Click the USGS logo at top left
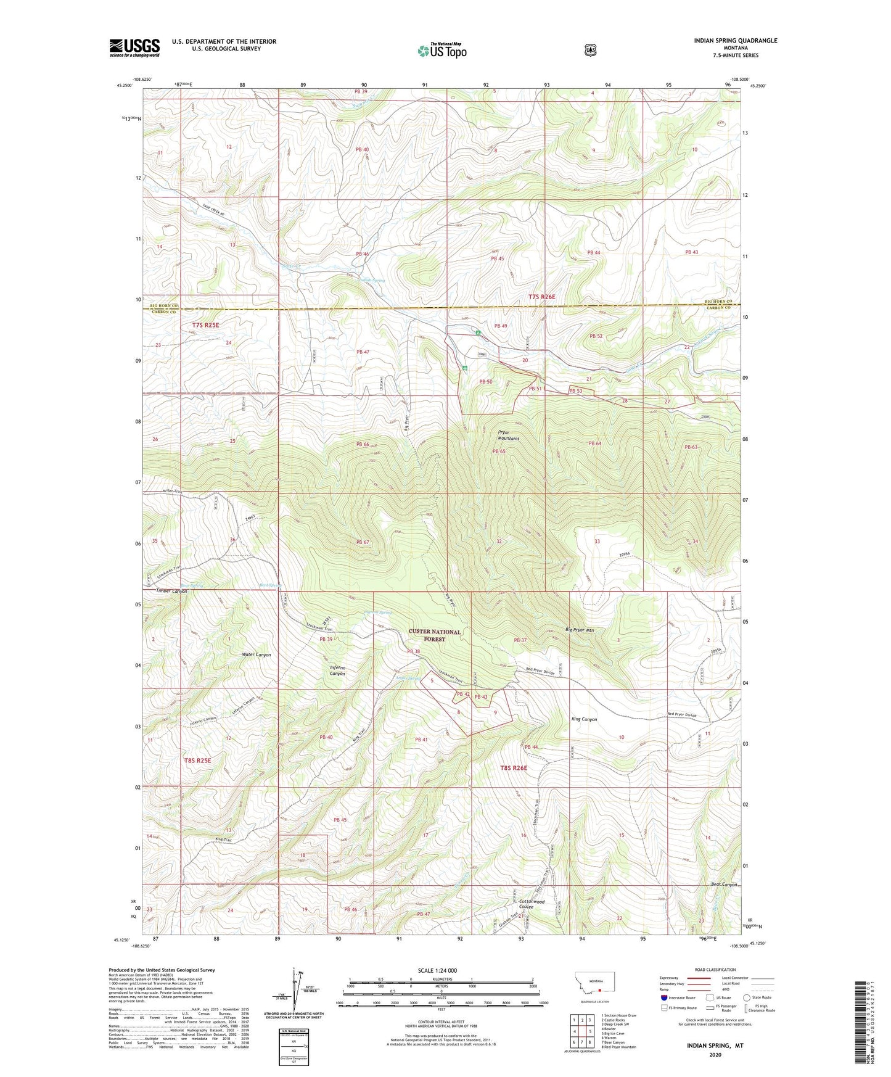pyautogui.click(x=134, y=47)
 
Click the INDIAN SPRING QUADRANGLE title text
pyautogui.click(x=735, y=41)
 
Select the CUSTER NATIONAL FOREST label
pyautogui.click(x=434, y=635)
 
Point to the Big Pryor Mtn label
pyautogui.click(x=580, y=630)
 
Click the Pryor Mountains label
pyautogui.click(x=509, y=435)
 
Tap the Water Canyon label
pyautogui.click(x=256, y=654)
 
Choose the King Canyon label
pyautogui.click(x=584, y=719)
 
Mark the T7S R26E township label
pyautogui.click(x=542, y=297)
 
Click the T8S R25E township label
pyautogui.click(x=197, y=761)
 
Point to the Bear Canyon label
pyautogui.click(x=724, y=885)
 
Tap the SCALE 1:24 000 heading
pyautogui.click(x=437, y=970)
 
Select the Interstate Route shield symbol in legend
pyautogui.click(x=663, y=997)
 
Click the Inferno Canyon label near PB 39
pyautogui.click(x=337, y=671)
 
